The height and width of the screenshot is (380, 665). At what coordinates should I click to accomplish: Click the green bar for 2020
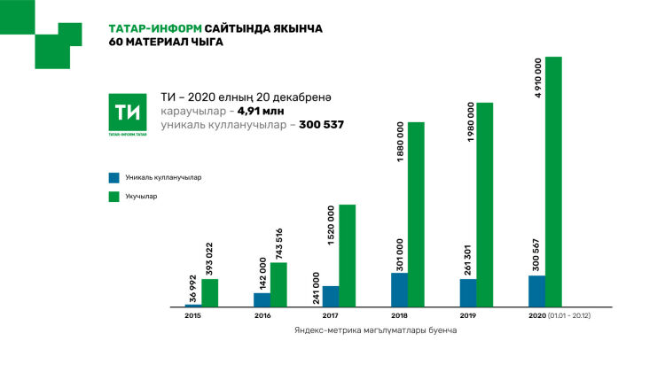point(553,182)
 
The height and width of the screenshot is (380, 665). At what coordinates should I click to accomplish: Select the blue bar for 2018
point(400,290)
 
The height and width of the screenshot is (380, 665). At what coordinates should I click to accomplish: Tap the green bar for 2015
point(210,293)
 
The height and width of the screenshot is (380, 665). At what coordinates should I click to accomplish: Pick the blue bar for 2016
point(262,299)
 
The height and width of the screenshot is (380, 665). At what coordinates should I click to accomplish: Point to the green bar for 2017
point(348,256)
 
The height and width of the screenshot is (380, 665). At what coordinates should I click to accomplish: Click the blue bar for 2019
point(468,292)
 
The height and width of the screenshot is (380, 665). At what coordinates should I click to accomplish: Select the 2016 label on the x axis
point(262,315)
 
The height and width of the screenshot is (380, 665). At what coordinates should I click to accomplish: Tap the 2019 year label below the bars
point(468,315)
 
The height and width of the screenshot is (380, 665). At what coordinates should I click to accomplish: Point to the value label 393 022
point(209,258)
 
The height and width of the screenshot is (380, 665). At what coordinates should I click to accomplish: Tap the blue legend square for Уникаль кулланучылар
point(113,177)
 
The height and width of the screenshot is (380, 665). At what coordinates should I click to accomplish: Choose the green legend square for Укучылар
point(113,196)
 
